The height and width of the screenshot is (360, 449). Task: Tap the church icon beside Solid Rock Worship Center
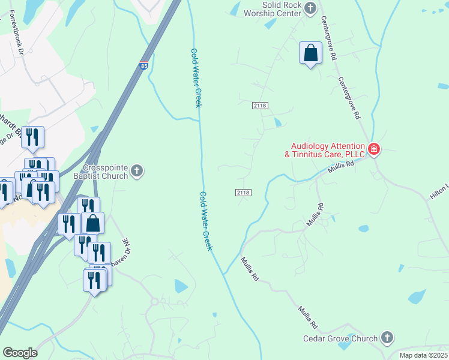pyautogui.click(x=310, y=8)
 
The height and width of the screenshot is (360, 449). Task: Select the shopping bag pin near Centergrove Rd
pyautogui.click(x=310, y=53)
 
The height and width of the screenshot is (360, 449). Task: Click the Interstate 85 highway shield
pyautogui.click(x=143, y=64)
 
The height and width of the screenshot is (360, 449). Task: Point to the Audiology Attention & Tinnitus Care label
pyautogui.click(x=328, y=150)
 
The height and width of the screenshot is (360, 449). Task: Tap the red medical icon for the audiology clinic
pyautogui.click(x=373, y=149)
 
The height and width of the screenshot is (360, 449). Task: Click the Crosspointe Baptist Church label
pyautogui.click(x=106, y=172)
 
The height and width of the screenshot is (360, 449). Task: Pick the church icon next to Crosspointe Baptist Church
pyautogui.click(x=137, y=172)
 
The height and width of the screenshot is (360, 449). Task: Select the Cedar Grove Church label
pyautogui.click(x=348, y=338)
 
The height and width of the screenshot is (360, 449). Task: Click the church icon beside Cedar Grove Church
pyautogui.click(x=387, y=338)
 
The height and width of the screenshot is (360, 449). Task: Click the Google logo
pyautogui.click(x=20, y=353)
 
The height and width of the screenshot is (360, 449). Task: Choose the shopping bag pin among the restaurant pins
pyautogui.click(x=93, y=223)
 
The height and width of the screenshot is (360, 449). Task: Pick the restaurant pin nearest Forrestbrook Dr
pyautogui.click(x=32, y=137)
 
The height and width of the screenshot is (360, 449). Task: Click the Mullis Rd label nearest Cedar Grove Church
pyautogui.click(x=307, y=318)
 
